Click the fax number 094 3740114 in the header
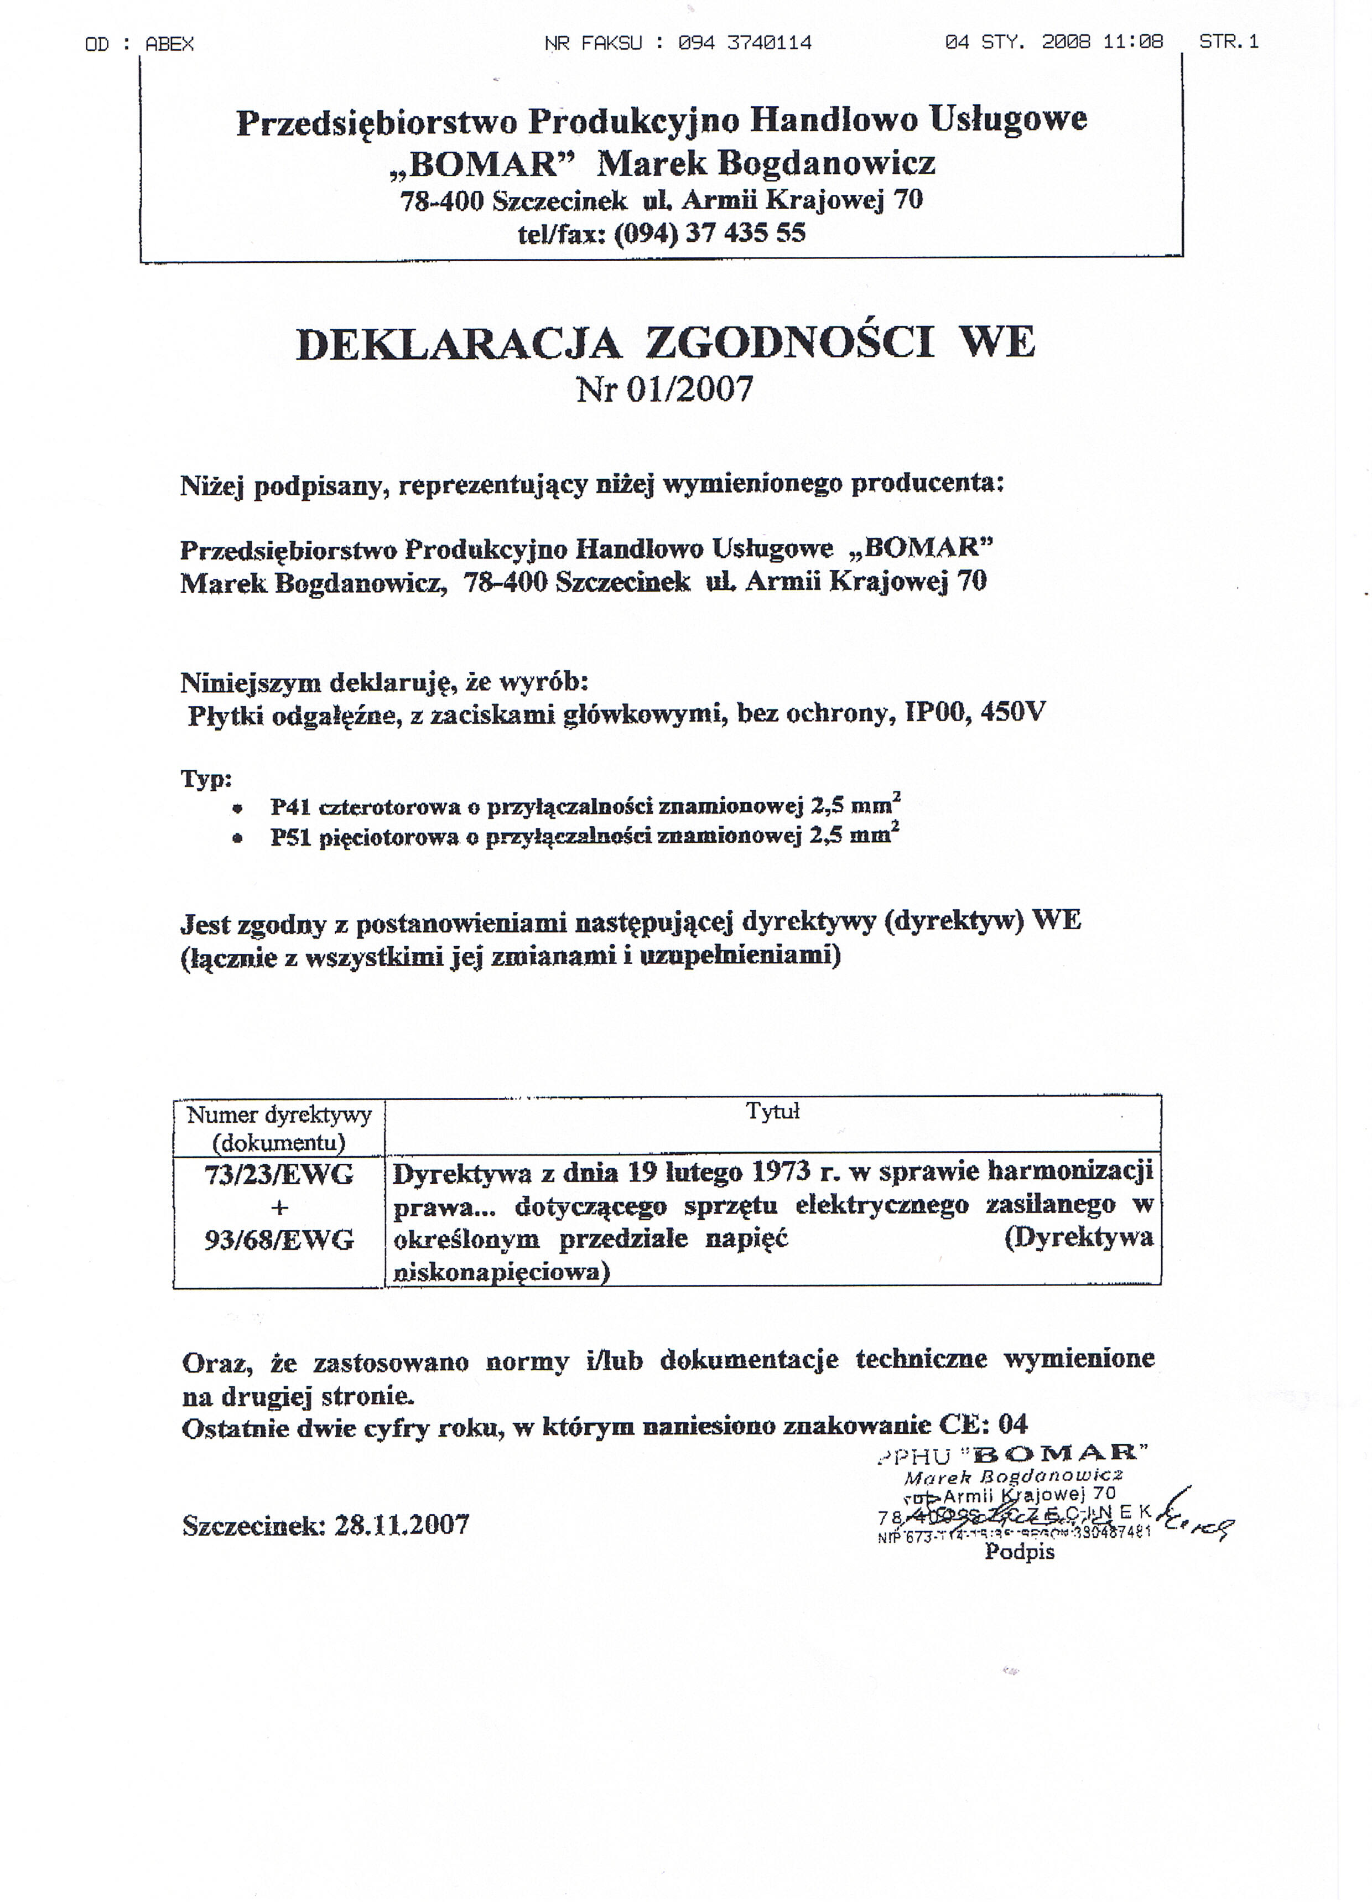coord(745,43)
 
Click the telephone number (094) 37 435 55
coord(709,233)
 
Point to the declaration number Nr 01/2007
coord(665,389)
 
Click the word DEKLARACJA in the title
coord(459,344)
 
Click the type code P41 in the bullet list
coord(289,807)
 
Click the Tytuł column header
coord(772,1112)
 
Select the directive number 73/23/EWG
coord(279,1175)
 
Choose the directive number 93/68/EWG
coord(279,1240)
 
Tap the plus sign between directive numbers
coord(279,1207)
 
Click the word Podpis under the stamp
coord(1019,1552)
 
